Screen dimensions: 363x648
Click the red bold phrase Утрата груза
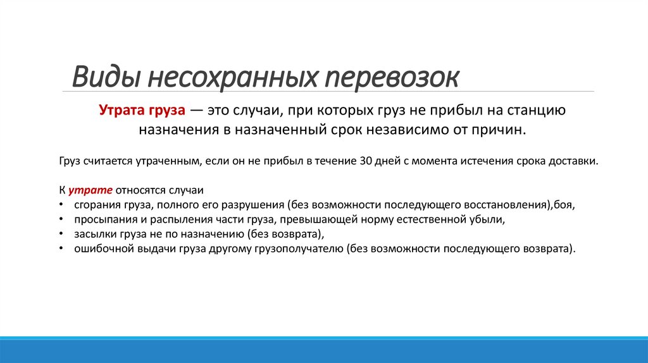(142, 111)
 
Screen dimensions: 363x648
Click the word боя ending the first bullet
(566, 205)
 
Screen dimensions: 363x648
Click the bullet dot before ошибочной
(60, 249)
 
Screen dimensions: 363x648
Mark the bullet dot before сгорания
(60, 205)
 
